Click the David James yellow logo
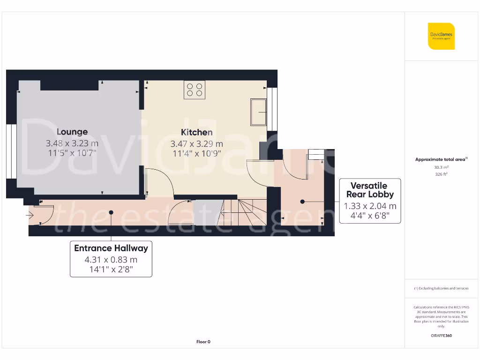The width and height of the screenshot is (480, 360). coord(441,36)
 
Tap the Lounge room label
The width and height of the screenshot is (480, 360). coord(72,132)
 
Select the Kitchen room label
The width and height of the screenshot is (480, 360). coord(197,132)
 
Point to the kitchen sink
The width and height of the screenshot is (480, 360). coord(258,112)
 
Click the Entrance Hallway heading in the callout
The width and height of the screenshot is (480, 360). coord(111,248)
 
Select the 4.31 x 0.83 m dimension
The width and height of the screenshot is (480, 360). coord(111,259)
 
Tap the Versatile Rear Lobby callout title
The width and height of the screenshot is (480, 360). coord(370,190)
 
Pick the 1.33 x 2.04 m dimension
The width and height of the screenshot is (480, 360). coord(370,206)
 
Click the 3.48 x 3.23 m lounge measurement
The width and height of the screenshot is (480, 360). coord(72,143)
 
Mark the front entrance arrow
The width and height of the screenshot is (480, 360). coord(30,216)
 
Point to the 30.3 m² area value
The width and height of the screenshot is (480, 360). coord(441,167)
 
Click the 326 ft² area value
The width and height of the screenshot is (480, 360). coord(441,174)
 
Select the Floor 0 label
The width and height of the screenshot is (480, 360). coord(203,342)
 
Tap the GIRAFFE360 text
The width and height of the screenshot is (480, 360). coord(441,336)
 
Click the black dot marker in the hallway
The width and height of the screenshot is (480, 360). coord(111,212)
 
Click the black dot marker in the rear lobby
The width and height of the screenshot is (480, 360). coord(302,202)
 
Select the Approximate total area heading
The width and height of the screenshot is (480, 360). coord(441,159)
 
